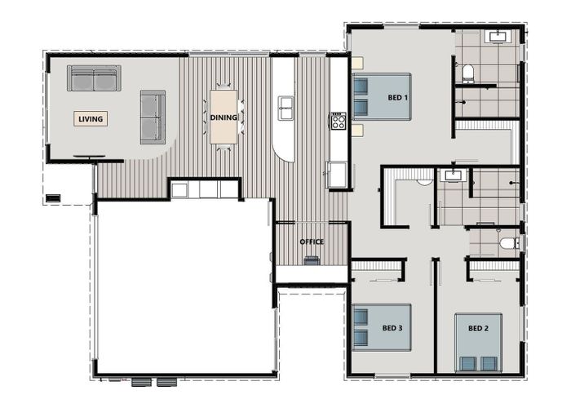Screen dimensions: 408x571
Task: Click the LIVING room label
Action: pos(91,119)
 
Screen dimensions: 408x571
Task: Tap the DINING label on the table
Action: pos(224,118)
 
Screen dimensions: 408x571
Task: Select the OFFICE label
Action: pos(312,242)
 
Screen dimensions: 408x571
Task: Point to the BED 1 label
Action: pos(397,97)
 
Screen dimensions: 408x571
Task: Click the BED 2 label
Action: pos(478,328)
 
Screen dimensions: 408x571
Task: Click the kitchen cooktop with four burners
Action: pos(338,122)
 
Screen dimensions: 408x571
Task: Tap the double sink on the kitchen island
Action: pos(285,107)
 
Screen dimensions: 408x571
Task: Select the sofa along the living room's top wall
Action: pos(94,78)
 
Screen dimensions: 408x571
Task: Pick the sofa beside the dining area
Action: pos(153,117)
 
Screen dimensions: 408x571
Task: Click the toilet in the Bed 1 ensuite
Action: pos(468,74)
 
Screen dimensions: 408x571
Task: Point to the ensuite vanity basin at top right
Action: pos(497,36)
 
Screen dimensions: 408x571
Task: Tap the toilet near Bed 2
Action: pos(507,242)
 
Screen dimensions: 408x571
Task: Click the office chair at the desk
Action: pos(312,261)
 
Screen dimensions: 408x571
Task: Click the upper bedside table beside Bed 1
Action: pos(357,62)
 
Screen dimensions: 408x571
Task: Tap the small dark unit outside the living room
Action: pos(54,197)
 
